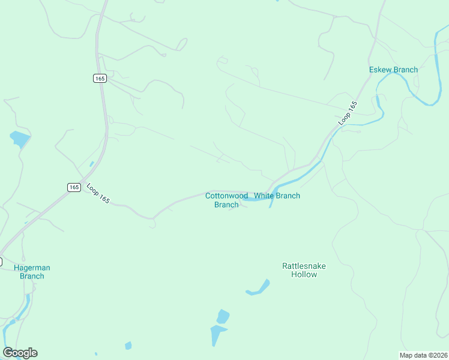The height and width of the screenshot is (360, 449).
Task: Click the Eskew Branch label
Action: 393,70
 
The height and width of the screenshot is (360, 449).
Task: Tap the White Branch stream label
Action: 277,196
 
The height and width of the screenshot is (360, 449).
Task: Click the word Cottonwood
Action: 226,196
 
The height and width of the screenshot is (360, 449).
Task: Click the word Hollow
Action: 304,274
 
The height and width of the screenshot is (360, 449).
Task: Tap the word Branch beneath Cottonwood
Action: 226,205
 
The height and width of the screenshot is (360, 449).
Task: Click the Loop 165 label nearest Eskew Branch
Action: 348,113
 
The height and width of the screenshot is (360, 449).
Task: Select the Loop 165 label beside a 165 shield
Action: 98,193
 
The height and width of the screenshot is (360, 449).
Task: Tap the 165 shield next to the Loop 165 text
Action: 74,187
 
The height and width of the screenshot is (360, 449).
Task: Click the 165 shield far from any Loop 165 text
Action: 100,78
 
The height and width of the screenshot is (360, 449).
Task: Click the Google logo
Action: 20,353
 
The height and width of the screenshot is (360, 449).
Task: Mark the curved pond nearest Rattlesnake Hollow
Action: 259,289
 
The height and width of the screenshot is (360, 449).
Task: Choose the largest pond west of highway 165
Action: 19,139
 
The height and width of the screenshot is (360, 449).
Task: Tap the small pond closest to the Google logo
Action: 128,346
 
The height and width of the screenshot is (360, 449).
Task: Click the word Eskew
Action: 381,70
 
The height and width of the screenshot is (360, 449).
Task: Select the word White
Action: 264,196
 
